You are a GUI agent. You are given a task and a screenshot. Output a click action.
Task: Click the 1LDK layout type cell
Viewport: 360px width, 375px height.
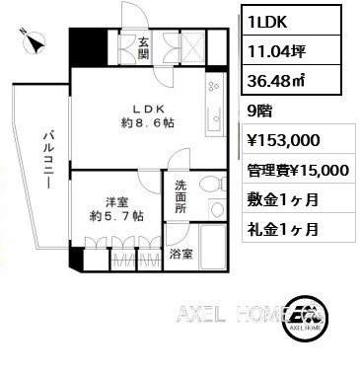291,20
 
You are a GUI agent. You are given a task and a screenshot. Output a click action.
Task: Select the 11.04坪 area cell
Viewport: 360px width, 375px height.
291,49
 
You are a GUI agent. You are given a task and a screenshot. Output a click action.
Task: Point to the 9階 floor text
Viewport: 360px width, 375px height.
259,112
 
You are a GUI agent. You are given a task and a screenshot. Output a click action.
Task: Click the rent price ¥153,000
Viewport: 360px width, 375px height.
283,140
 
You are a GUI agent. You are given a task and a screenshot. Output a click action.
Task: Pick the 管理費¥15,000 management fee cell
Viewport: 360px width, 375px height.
299,169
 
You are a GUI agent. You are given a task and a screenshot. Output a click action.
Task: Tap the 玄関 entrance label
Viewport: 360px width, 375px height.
143,48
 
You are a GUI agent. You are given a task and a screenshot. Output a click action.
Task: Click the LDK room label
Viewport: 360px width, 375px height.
148,109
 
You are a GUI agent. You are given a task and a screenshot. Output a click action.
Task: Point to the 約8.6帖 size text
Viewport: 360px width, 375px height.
148,122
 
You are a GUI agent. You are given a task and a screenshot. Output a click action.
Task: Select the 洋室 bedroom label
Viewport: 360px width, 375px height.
116,202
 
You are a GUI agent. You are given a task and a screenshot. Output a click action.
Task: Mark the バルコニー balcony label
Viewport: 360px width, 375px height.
49,160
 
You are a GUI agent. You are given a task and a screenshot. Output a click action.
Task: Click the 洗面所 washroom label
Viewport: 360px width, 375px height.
180,196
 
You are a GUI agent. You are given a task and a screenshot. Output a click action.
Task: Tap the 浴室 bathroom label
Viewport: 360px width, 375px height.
180,254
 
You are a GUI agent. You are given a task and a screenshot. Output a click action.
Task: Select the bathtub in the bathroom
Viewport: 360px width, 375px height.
213,247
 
